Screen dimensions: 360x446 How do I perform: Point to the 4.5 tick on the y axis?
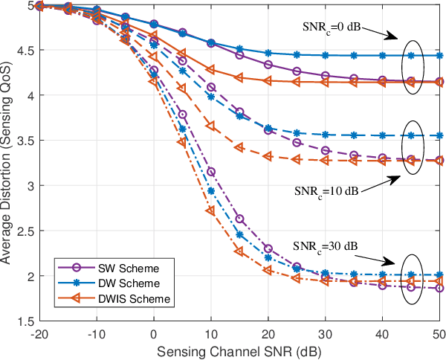26,50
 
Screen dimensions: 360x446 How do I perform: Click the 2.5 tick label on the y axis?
26,231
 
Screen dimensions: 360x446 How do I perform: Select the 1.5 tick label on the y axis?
26,321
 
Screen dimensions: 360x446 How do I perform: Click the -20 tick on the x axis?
39,334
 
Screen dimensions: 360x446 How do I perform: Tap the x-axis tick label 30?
326,334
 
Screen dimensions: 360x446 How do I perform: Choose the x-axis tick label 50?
439,334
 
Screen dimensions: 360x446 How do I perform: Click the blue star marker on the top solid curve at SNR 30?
326,55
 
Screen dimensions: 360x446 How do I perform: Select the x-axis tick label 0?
154,334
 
